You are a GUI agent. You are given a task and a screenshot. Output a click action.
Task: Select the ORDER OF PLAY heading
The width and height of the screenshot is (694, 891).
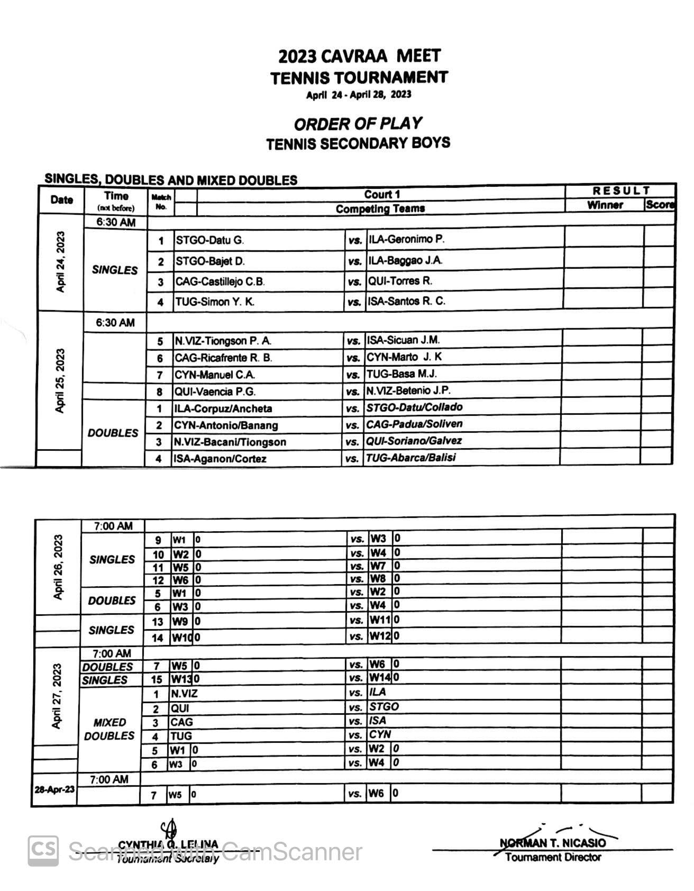coord(358,124)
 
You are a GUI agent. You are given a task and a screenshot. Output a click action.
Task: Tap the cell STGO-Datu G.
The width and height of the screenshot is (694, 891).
coord(209,240)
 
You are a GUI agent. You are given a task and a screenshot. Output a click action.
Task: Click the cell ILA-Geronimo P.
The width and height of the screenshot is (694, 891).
coord(406,239)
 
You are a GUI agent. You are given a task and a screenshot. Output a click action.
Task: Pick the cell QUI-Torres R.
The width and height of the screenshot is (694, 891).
coord(400,281)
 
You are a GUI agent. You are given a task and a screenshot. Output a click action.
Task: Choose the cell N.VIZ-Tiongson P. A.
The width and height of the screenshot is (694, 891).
coord(223,341)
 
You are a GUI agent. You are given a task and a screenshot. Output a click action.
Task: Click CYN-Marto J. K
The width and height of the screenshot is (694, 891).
coord(404,357)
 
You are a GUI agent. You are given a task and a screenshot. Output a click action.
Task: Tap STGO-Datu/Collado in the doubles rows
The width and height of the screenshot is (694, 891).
coord(414,407)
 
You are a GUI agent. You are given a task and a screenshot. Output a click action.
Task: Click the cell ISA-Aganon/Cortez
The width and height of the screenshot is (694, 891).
coord(220,459)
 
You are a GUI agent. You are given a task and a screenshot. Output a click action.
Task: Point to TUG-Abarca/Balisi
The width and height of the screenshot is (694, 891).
coord(410,458)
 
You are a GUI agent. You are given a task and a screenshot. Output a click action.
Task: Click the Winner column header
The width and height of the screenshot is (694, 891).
coord(605,205)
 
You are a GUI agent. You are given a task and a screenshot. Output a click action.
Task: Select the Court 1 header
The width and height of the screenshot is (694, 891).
coord(381,194)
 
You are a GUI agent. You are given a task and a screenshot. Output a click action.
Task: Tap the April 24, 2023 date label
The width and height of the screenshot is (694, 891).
coord(61,262)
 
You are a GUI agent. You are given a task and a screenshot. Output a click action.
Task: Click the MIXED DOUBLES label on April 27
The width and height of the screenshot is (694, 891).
coord(109,729)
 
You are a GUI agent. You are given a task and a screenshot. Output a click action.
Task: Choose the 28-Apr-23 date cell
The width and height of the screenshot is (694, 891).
coord(54,789)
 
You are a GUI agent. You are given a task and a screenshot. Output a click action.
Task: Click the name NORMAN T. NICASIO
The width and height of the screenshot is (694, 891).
coord(552,843)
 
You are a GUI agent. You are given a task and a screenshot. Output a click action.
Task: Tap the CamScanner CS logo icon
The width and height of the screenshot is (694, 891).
coord(43,851)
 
